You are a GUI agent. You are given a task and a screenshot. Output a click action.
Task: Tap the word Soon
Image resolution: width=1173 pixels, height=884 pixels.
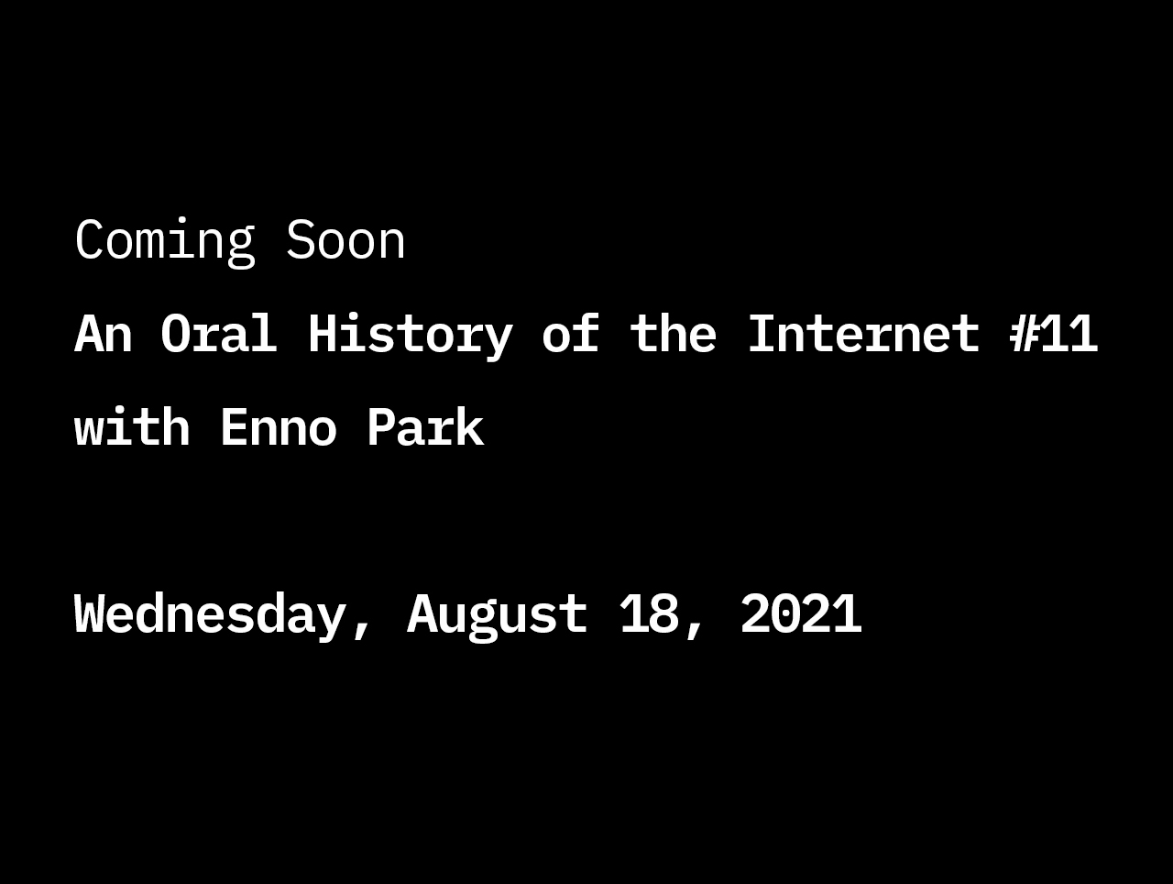(345, 240)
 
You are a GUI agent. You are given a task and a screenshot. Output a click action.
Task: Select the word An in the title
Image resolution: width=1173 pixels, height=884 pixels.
(104, 334)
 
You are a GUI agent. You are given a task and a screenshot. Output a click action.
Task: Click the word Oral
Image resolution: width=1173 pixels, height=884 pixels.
(219, 333)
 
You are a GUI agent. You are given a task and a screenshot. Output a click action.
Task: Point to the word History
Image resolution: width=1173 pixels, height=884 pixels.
(411, 336)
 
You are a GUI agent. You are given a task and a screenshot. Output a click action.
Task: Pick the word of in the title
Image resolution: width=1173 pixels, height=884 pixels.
(571, 333)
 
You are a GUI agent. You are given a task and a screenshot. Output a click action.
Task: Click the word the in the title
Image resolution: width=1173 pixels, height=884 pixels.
(674, 333)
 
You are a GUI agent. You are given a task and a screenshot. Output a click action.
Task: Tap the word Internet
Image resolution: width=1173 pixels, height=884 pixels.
(864, 334)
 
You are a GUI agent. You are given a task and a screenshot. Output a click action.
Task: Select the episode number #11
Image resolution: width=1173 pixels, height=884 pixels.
(1053, 334)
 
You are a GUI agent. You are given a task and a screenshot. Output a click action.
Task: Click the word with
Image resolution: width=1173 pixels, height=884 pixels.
(132, 426)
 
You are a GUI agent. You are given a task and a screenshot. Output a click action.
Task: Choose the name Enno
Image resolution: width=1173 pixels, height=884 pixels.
(279, 426)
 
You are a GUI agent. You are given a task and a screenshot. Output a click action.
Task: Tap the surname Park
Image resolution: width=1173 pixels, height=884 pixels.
(426, 426)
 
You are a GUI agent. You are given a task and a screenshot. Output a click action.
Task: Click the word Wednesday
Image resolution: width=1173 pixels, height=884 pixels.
(210, 616)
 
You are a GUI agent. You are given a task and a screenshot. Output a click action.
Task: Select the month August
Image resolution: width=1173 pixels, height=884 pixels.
(498, 616)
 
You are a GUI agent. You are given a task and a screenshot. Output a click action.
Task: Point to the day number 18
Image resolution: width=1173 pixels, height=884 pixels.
(650, 613)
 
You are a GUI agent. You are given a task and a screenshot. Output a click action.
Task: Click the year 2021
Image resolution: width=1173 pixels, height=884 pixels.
(801, 613)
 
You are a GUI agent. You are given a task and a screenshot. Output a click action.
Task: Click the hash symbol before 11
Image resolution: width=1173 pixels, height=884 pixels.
(1024, 334)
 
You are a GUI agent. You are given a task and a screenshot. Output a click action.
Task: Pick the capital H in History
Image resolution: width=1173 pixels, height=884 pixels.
(323, 334)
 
